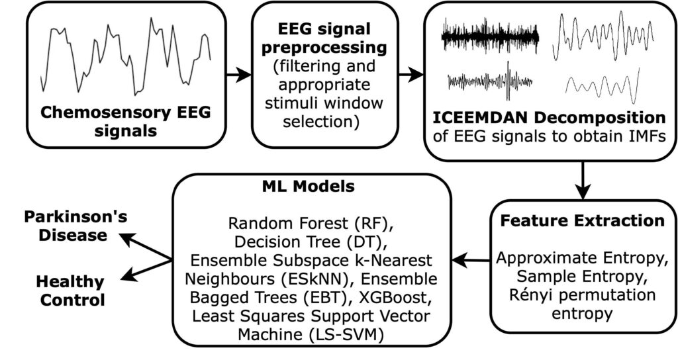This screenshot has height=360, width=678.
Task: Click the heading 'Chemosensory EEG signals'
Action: (125, 121)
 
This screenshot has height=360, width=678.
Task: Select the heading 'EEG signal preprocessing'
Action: (324, 38)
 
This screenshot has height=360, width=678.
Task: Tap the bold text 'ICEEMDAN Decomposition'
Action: (549, 118)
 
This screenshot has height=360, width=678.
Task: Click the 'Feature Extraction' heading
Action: (582, 220)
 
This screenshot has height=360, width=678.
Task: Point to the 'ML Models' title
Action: (309, 186)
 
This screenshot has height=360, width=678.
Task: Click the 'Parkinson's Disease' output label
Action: (75, 226)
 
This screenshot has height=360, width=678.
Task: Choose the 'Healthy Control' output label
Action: (70, 291)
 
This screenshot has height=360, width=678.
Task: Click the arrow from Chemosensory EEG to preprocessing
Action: (238, 75)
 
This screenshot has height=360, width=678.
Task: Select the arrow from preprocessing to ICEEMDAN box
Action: (411, 75)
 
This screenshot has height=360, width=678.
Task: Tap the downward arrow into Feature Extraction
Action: (583, 180)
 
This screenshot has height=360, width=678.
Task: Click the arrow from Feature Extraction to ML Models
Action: (471, 260)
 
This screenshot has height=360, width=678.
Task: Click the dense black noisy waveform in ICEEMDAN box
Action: (490, 37)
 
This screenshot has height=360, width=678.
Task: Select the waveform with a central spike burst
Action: (490, 81)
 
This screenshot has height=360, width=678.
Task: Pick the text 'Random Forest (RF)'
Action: (311, 224)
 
